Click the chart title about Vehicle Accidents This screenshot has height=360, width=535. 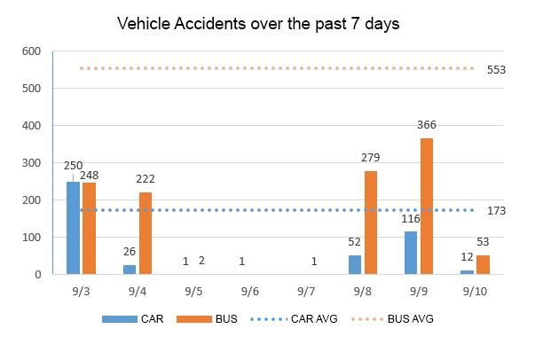pos(258,24)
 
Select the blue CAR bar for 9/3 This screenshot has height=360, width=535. pos(73,228)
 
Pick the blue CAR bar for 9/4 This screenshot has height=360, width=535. pos(130,270)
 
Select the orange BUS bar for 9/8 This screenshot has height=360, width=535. pos(370,223)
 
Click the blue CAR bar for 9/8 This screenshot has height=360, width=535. pos(354,265)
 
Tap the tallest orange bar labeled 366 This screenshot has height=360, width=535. pos(427,207)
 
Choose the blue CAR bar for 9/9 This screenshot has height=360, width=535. pos(411,253)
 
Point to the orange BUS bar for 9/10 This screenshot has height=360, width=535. pos(483,264)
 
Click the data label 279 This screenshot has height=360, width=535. pos(370,158)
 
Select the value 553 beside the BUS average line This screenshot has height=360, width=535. pos(496,69)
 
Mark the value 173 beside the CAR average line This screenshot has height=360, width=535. pos(496,212)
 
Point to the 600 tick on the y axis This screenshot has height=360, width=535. pos(32,51)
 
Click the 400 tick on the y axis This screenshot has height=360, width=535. pos(32,126)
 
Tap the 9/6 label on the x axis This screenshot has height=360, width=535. pos(249,291)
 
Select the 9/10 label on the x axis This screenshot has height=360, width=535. pos(475,291)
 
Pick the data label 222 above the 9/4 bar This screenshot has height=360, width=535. pos(146,179)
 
